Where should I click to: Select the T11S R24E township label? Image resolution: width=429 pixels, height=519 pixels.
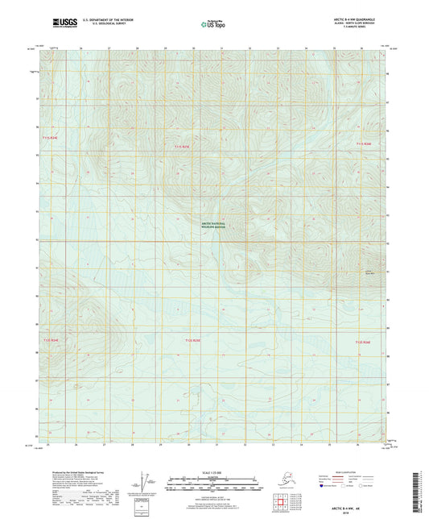pyautogui.click(x=50, y=139)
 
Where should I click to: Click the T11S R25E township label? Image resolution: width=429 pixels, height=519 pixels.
pyautogui.click(x=183, y=147)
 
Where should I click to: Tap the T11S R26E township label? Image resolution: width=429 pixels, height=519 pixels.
pyautogui.click(x=364, y=143)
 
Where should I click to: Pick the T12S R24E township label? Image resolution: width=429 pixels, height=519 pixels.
pyautogui.click(x=50, y=342)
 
